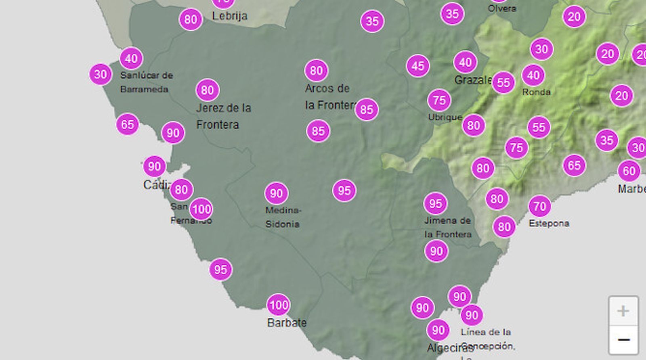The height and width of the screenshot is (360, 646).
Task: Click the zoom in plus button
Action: tap(623, 311)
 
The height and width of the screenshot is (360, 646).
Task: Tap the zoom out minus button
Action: tap(623, 340)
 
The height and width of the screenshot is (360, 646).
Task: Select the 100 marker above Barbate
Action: tap(278, 305)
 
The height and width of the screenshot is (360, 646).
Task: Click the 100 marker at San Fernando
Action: tap(201, 209)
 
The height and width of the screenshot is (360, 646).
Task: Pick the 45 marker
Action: tap(418, 66)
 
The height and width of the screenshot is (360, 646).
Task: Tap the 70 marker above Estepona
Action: tap(540, 207)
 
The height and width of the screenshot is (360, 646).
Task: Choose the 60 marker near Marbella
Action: tap(629, 171)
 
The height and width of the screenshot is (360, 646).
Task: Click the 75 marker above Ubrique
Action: tap(439, 100)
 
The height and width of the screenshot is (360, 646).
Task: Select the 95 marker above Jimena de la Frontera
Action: tap(435, 203)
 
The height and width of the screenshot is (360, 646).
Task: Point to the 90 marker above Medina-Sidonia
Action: tap(276, 193)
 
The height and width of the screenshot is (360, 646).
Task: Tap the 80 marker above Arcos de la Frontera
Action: tap(316, 71)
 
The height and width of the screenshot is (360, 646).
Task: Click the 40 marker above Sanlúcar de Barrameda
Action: tap(131, 59)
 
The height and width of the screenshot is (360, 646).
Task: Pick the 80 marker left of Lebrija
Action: tap(191, 19)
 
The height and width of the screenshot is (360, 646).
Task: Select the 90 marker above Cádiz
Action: tap(154, 166)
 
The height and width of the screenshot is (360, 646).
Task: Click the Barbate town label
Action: tap(287, 323)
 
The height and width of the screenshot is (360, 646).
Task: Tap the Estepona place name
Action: tap(549, 223)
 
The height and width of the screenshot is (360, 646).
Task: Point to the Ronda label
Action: tap(536, 92)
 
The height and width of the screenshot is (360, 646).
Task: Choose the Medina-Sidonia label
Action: tap(283, 217)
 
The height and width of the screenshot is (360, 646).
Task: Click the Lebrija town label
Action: tap(230, 16)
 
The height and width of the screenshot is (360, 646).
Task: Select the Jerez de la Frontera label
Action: tap(223, 116)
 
